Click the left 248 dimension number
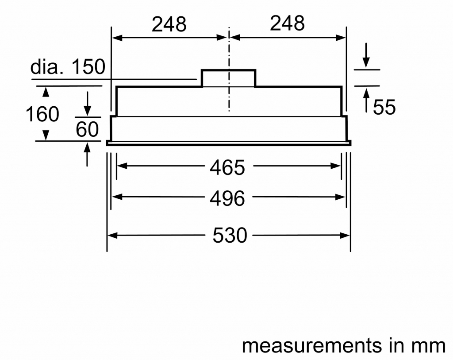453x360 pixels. (169, 24)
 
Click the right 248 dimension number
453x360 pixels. (288, 23)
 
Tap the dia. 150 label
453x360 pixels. (68, 66)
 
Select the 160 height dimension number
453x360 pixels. (42, 114)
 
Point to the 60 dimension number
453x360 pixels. (87, 129)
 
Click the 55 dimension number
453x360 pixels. (384, 107)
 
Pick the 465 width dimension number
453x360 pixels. (227, 167)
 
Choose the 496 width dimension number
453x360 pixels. (227, 198)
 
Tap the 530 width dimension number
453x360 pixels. (230, 236)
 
